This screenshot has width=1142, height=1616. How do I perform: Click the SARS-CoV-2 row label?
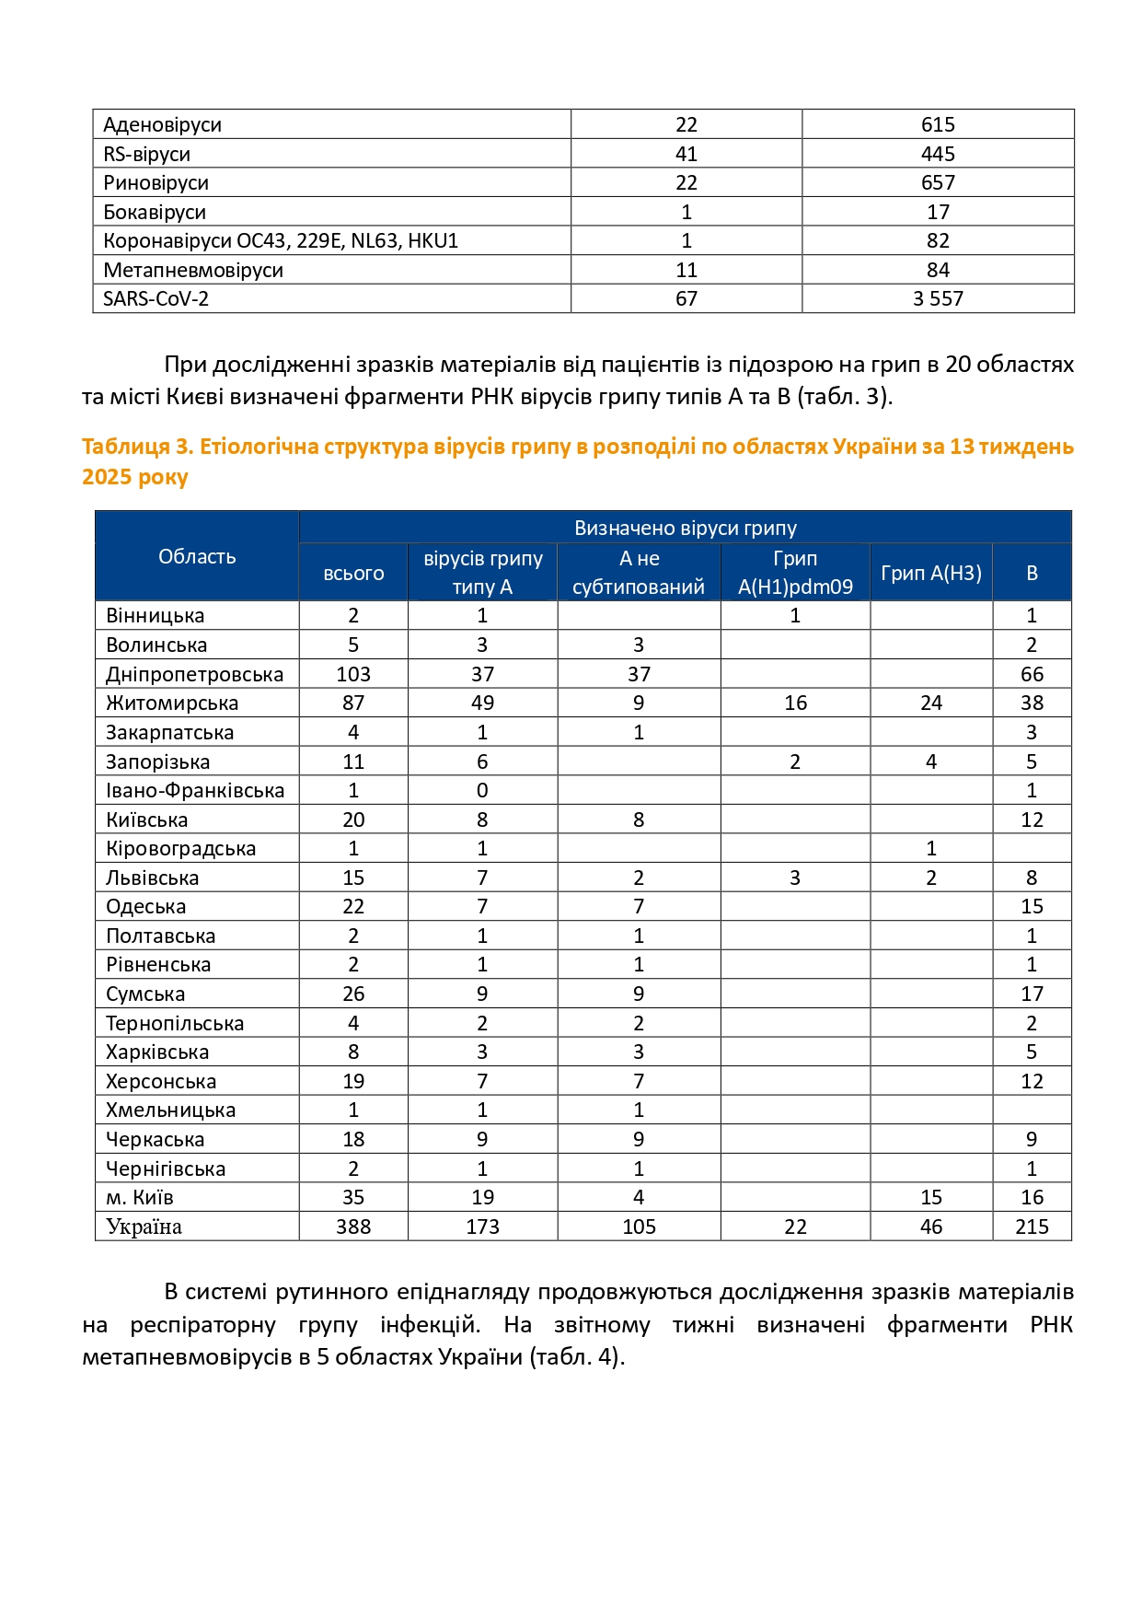coord(156,299)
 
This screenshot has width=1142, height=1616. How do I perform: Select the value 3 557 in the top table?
coord(938,299)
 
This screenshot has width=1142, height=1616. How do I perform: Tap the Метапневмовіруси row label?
coord(193,271)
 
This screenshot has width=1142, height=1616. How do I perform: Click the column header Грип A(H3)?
coord(931,573)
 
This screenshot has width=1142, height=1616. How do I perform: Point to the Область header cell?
coord(197,557)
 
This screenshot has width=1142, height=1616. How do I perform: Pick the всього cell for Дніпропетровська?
coord(353,675)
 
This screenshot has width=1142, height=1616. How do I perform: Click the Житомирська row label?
coord(172,703)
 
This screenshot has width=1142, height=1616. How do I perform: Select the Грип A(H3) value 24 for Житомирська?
coord(931,703)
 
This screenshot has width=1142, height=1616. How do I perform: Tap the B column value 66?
coord(1032,675)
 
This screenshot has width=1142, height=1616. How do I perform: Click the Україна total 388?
coord(353,1227)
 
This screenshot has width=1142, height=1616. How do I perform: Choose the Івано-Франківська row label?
coord(195,791)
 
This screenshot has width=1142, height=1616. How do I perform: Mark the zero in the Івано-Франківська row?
coord(482,791)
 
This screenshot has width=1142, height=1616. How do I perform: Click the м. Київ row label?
coord(140,1198)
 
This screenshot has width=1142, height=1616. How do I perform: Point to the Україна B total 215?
coord(1032,1227)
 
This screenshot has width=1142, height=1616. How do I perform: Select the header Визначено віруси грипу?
coord(686,529)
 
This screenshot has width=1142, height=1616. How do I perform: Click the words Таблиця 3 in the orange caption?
coord(134,447)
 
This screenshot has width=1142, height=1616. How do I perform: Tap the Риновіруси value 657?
coord(938,183)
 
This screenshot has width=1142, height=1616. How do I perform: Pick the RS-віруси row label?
coord(147,155)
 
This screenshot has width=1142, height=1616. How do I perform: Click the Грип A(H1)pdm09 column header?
coord(795,573)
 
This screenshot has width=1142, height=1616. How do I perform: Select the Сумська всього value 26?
coord(353,994)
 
